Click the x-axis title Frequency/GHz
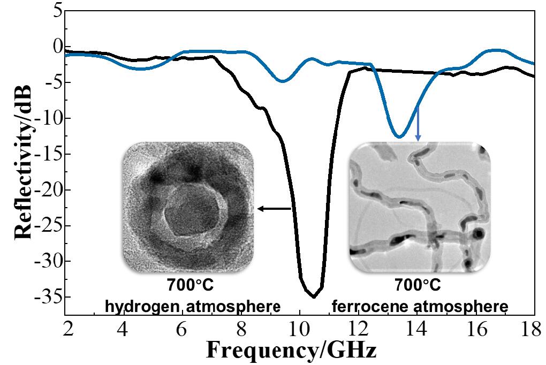coord(291,351)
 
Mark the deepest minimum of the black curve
coord(313,296)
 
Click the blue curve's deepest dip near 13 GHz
coord(399,137)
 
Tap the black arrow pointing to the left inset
coord(274,209)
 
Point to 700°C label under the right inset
coord(418,286)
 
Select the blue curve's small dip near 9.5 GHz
coord(283,81)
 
